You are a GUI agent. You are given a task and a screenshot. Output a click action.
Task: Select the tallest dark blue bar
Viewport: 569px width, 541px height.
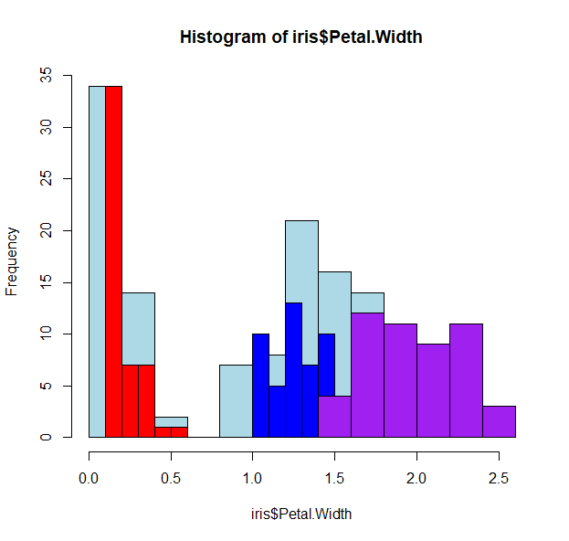point(293,369)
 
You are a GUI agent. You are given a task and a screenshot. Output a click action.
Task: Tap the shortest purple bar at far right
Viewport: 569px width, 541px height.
point(499,421)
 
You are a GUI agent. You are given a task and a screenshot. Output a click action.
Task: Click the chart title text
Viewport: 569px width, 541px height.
point(300,37)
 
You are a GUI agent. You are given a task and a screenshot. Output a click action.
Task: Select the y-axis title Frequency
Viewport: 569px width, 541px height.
point(12,261)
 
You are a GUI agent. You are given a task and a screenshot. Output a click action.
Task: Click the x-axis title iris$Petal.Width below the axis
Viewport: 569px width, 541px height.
point(300,514)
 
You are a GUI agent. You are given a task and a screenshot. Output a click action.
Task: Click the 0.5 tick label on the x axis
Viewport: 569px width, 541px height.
point(171,478)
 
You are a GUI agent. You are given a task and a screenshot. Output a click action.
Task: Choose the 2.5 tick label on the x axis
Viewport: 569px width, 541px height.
point(499,478)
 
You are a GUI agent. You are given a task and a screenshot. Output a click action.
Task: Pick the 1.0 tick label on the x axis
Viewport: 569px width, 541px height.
point(253,478)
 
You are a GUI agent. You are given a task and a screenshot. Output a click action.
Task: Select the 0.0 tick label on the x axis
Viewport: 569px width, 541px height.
point(90,478)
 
